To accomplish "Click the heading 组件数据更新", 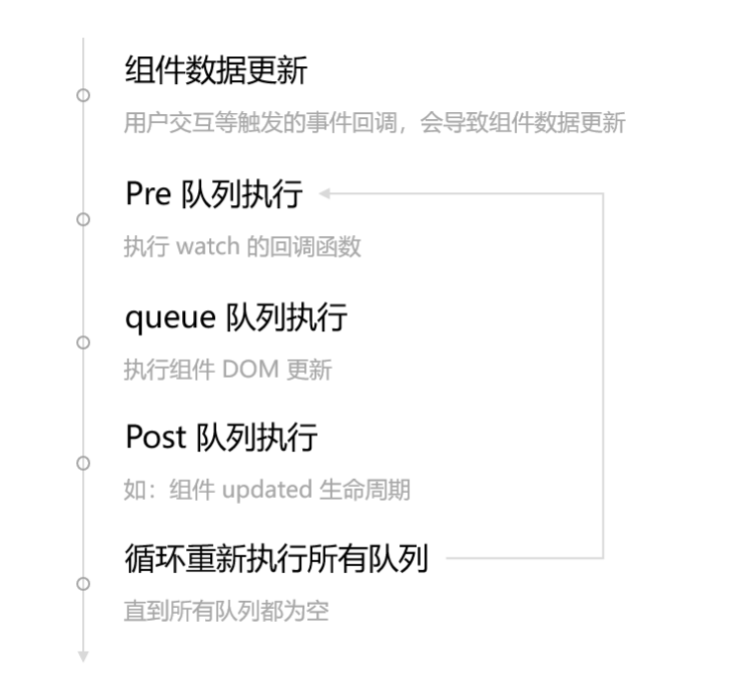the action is [x=216, y=71].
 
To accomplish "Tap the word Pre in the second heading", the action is [x=149, y=194].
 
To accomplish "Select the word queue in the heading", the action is [x=170, y=317].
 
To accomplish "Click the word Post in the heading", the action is [x=156, y=437].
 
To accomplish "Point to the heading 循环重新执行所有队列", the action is [x=276, y=558].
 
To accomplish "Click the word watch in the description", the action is [x=208, y=247].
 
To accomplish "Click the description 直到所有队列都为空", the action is [x=226, y=611].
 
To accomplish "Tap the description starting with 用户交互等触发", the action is [x=374, y=124].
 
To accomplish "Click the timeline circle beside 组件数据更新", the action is [x=83, y=95].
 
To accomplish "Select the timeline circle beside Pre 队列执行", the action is [x=83, y=219].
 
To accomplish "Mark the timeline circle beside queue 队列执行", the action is [x=83, y=342].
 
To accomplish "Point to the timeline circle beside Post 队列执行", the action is [x=83, y=463].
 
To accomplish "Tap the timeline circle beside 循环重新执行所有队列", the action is [x=83, y=584].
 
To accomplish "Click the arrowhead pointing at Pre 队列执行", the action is [x=325, y=193].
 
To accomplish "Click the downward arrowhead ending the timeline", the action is [x=83, y=656].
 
